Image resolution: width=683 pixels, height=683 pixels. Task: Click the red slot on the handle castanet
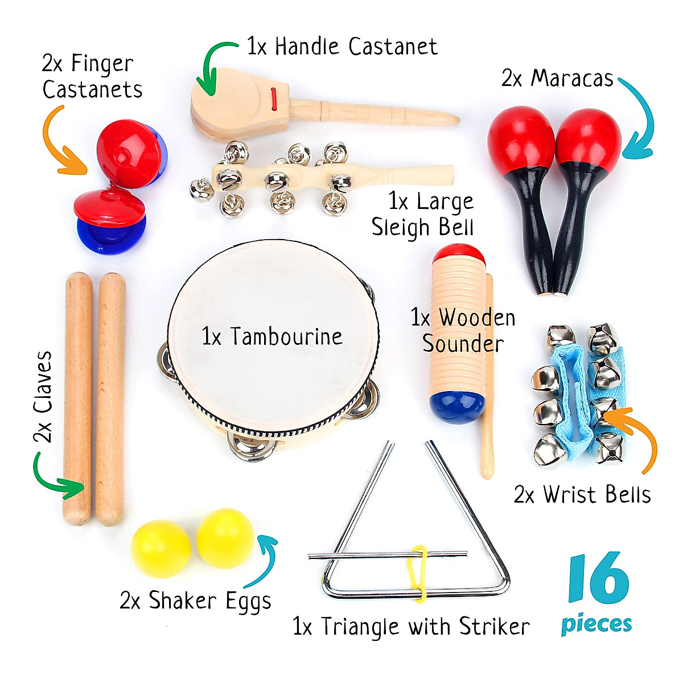tap(274, 98)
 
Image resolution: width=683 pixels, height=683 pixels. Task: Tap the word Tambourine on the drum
tap(286, 336)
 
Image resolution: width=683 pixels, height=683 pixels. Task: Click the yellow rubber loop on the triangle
tap(420, 573)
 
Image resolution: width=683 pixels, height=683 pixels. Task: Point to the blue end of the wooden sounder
tap(457, 405)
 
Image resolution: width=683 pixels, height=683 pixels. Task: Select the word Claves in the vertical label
tap(43, 381)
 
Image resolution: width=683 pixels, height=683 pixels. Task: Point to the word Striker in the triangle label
tap(494, 627)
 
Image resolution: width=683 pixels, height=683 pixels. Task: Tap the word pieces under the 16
tap(596, 624)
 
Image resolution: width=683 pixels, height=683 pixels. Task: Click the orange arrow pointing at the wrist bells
tap(635, 438)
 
